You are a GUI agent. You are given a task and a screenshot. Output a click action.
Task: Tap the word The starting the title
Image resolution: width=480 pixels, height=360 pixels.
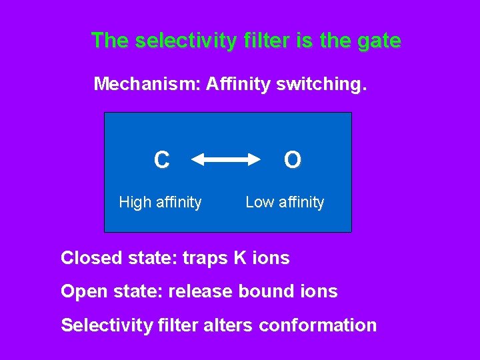[x=110, y=41]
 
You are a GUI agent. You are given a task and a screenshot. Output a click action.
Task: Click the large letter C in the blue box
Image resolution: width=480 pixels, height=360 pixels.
[x=161, y=160]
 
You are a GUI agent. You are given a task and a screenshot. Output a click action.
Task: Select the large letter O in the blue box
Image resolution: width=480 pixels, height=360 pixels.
[x=292, y=160]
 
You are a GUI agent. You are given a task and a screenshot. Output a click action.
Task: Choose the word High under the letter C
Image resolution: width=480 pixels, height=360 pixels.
[x=134, y=202]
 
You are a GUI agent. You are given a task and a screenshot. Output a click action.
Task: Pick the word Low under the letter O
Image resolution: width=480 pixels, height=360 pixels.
[x=259, y=202]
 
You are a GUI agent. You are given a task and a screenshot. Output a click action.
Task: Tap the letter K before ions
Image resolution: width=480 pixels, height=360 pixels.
[x=239, y=258]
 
